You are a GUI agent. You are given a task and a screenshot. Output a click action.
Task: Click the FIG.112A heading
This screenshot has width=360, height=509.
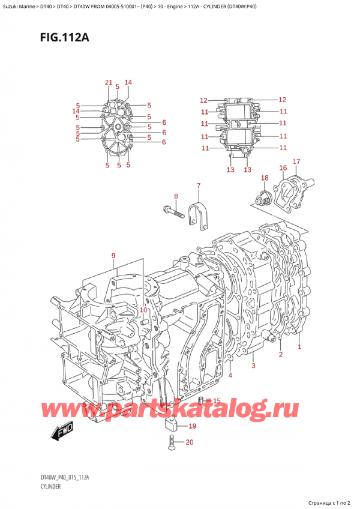(65, 38)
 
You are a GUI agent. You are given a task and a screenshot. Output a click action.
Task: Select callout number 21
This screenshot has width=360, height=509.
(109, 83)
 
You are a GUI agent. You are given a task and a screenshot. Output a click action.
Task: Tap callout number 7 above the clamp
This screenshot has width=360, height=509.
(199, 185)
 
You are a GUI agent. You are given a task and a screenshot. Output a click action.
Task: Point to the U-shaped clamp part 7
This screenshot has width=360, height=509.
(197, 214)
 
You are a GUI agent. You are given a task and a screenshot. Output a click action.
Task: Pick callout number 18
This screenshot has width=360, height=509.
(265, 178)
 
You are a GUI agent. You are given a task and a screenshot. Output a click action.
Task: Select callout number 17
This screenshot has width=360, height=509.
(296, 161)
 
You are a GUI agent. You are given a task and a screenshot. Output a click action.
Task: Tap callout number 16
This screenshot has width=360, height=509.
(283, 168)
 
